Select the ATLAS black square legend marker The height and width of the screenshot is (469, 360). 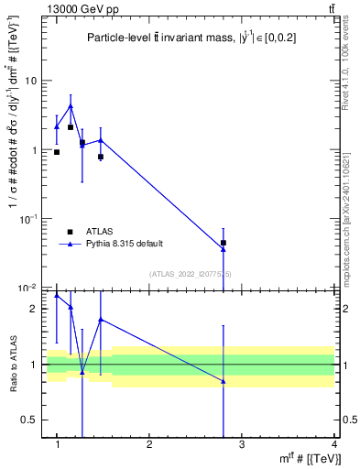pyautogui.click(x=71, y=232)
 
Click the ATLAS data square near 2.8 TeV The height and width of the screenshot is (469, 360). pyautogui.click(x=224, y=243)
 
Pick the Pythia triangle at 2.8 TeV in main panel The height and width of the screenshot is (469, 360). pyautogui.click(x=224, y=249)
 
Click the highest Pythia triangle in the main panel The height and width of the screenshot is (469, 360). pyautogui.click(x=71, y=106)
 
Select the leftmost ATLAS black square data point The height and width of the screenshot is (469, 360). pyautogui.click(x=57, y=152)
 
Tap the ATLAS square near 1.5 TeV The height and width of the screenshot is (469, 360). pyautogui.click(x=100, y=157)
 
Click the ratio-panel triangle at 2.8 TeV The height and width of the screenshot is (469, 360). pyautogui.click(x=224, y=381)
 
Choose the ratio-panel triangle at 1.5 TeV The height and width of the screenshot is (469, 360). pyautogui.click(x=100, y=320)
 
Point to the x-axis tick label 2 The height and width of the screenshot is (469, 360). pyautogui.click(x=149, y=444)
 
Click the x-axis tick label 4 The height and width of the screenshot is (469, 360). pyautogui.click(x=334, y=444)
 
